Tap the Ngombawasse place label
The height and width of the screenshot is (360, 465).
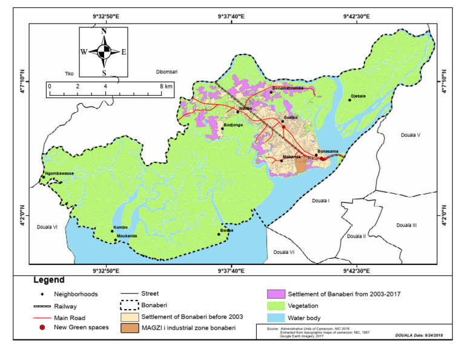[58, 173]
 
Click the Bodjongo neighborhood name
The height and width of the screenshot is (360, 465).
[233, 125]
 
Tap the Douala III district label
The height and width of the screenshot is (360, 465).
[406, 225]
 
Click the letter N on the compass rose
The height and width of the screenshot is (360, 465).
[104, 31]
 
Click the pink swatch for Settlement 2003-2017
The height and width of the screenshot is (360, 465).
[275, 294]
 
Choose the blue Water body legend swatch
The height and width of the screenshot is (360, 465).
[275, 318]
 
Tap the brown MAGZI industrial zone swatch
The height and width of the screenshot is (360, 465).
[128, 328]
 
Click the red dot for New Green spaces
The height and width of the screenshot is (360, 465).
[42, 328]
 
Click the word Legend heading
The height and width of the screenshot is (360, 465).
[48, 281]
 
